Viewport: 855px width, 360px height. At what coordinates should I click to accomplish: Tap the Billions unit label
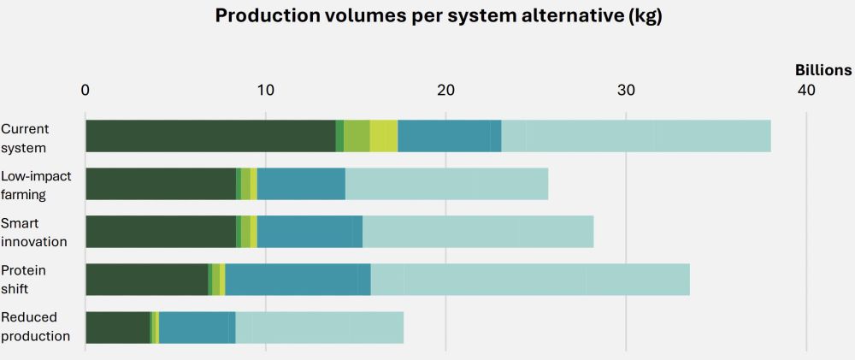pos(823,70)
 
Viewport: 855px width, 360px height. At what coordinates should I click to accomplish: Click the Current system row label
pos(26,138)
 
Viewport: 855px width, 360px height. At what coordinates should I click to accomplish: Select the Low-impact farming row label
pos(36,185)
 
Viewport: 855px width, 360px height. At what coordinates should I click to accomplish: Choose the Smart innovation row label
pos(34,233)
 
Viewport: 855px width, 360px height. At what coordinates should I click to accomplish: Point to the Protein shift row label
pos(24,280)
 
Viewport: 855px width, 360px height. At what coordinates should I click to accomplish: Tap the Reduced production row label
pos(36,328)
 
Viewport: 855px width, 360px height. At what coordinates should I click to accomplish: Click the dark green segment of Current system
pos(210,137)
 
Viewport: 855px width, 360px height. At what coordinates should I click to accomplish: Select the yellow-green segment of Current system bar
pos(384,137)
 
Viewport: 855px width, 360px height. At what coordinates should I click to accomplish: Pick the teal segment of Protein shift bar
pos(298,280)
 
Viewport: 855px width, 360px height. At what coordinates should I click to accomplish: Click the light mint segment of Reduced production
pos(319,328)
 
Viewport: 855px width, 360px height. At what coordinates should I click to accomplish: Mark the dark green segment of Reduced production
pos(118,328)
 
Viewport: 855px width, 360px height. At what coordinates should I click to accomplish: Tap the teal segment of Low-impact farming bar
pos(301,185)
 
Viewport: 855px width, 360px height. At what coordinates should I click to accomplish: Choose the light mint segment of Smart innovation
pos(478,233)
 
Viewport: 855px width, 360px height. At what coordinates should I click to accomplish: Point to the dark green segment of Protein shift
pos(146,280)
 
